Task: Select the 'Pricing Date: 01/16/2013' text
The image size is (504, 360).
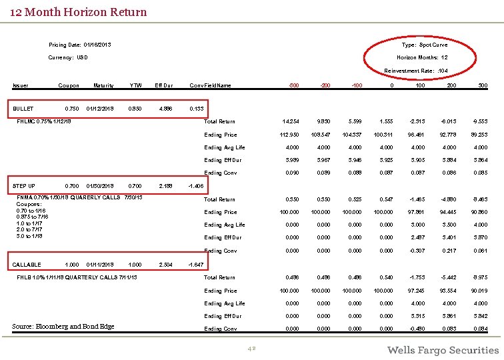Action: point(80,45)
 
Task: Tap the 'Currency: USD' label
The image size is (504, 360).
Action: point(68,57)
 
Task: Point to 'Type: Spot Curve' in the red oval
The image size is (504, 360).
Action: point(425,45)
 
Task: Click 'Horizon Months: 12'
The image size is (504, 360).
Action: point(427,57)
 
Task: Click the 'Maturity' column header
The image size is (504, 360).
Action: point(103,85)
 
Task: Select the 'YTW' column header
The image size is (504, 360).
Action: point(136,85)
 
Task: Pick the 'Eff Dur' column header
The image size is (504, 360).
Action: point(164,85)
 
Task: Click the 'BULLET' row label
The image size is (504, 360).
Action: point(24,108)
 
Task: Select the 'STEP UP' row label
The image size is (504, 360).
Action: point(25,186)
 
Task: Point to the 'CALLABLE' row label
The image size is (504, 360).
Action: point(27,265)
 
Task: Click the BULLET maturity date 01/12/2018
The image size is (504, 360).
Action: point(100,108)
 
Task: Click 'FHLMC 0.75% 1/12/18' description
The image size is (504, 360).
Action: point(45,121)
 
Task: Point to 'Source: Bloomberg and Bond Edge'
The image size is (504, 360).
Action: point(63,326)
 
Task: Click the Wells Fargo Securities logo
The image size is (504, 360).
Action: point(443,349)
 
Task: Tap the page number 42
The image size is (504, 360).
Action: point(252,349)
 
